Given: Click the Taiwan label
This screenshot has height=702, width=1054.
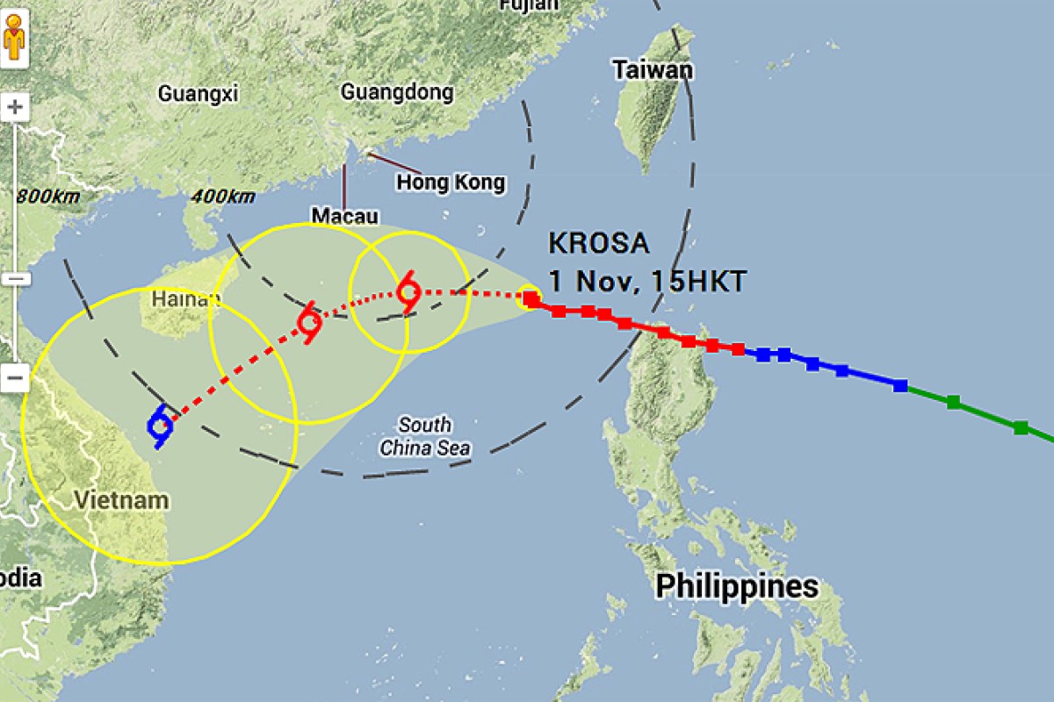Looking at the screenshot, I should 653,70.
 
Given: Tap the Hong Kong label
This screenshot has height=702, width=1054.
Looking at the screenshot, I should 450,183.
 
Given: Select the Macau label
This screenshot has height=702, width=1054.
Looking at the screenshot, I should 345,216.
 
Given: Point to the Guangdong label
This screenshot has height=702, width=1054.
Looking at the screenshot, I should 397,91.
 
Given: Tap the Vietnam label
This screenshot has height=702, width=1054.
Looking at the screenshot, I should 121,500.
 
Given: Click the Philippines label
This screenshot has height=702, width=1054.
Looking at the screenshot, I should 737,585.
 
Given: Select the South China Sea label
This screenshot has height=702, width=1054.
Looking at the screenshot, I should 425,436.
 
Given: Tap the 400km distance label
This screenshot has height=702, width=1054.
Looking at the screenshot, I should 223,196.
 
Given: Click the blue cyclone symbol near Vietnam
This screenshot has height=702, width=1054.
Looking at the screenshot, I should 160,426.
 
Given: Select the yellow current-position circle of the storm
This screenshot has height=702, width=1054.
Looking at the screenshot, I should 528,297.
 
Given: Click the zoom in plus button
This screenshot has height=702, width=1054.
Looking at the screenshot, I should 16,109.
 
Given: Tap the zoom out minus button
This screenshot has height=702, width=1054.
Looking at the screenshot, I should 16,379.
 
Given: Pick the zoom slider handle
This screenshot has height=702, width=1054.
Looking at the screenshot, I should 16,279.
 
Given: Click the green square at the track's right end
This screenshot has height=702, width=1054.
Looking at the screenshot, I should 1021,427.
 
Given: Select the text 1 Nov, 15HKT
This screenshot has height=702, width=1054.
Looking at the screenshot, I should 648,281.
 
